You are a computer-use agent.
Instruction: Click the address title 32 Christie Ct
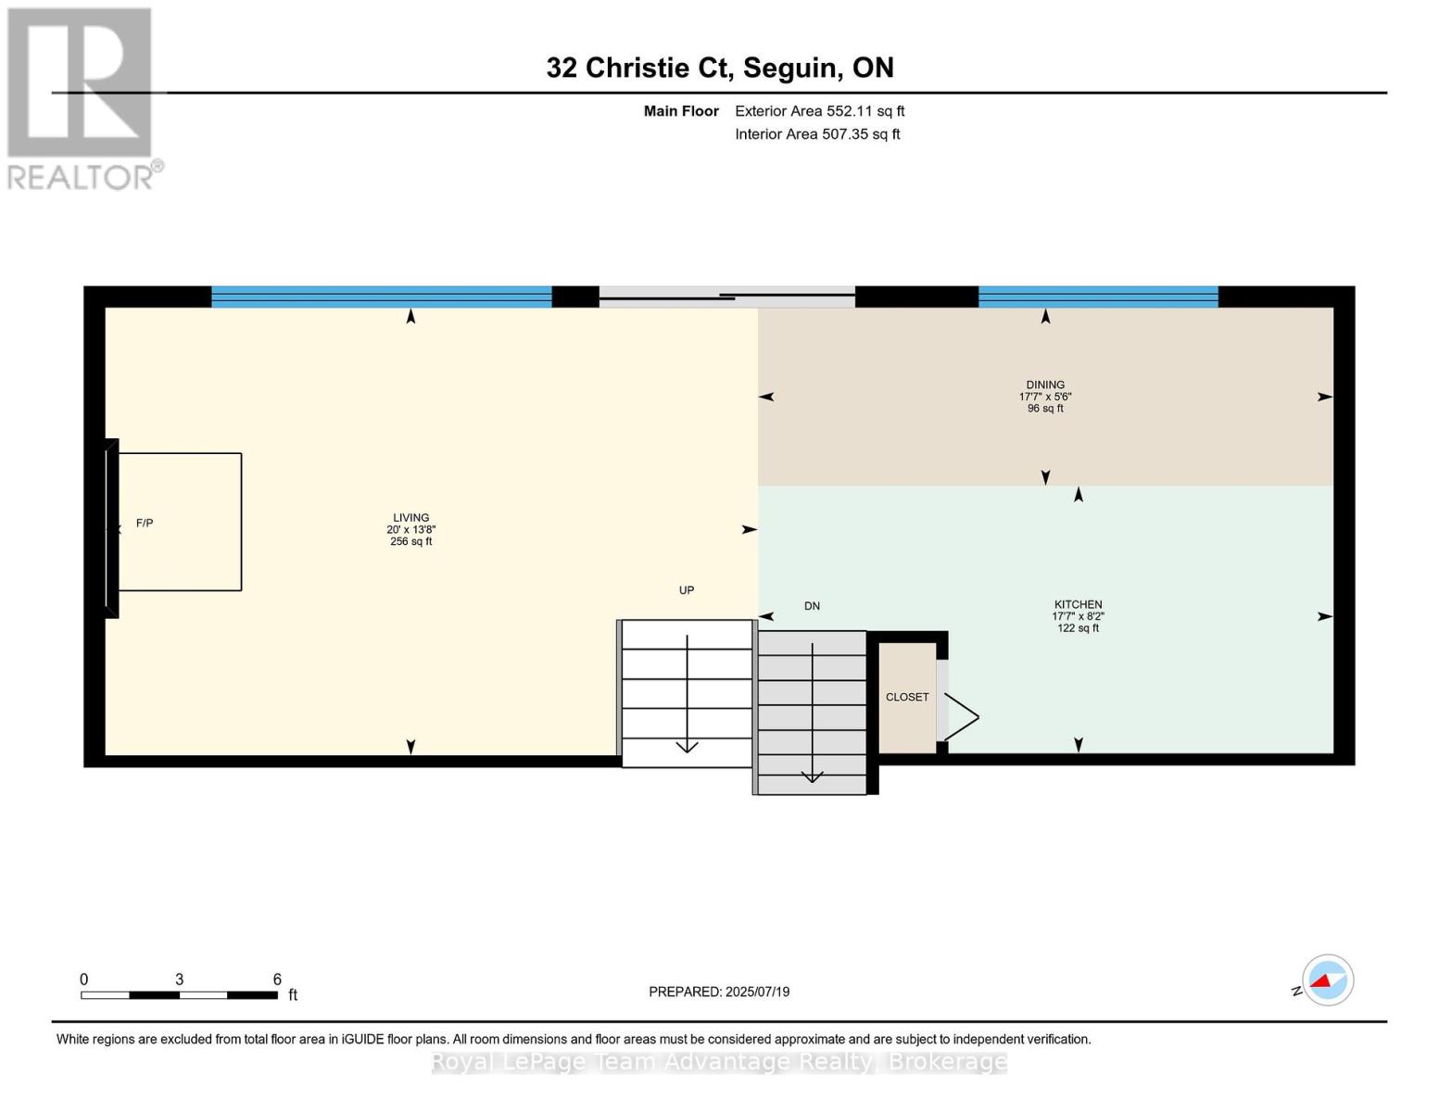[x=719, y=68]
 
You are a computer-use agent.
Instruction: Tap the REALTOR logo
[x=82, y=98]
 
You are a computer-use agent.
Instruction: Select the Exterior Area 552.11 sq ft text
[x=819, y=111]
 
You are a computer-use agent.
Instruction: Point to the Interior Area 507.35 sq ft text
[x=817, y=134]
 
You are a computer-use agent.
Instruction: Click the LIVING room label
[x=410, y=518]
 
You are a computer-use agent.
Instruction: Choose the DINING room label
[x=1045, y=385]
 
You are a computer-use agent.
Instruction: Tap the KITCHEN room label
[x=1078, y=604]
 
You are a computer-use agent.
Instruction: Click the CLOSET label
[x=906, y=697]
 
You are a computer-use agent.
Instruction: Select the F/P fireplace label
[x=145, y=524]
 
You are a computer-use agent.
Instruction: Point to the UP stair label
[x=686, y=590]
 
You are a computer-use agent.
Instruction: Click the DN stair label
[x=812, y=606]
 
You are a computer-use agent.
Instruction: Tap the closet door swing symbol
[x=960, y=716]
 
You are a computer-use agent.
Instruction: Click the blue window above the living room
[x=381, y=297]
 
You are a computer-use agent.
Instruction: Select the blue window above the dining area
[x=1098, y=297]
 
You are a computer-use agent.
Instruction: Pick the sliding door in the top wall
[x=726, y=297]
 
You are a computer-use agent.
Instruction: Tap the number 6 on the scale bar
[x=277, y=979]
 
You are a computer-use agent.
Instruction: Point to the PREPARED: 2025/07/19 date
[x=719, y=992]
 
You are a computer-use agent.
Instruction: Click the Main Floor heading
[x=681, y=111]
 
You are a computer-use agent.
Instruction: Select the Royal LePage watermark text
[x=719, y=1062]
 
